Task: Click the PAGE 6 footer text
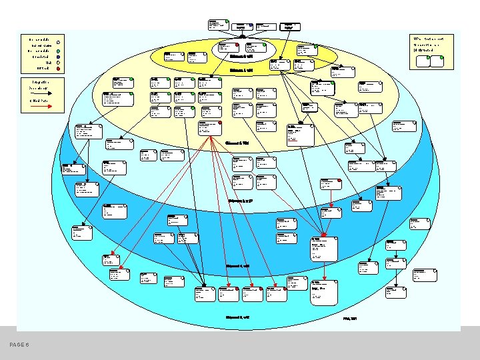point(20,344)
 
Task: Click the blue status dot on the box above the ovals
point(251,25)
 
